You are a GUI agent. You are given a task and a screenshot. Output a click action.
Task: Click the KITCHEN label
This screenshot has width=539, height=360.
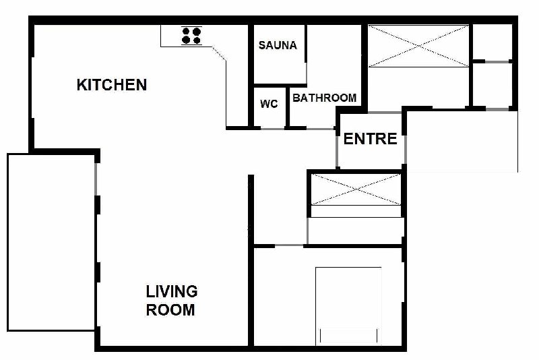tap(112, 84)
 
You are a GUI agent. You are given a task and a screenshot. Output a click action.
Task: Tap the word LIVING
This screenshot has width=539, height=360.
tap(172, 292)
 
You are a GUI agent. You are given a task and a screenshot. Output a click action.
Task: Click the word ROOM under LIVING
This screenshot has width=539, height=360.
tap(170, 310)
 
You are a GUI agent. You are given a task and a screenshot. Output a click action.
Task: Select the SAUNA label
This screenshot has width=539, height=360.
tap(278, 45)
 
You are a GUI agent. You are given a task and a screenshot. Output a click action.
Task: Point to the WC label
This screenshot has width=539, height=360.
tap(269, 104)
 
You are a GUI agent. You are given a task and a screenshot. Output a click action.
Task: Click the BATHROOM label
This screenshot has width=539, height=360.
tap(325, 98)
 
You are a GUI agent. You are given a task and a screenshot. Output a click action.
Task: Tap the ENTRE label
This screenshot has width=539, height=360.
tap(370, 139)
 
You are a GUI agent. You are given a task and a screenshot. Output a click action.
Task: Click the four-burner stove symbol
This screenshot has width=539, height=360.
tap(191, 36)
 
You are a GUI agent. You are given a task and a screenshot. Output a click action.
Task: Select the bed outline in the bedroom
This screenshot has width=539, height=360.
tap(348, 306)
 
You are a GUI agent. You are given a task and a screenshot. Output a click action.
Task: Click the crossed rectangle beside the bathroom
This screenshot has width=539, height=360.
tap(418, 46)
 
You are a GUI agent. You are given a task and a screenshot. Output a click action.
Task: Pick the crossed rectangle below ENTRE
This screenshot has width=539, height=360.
tap(356, 189)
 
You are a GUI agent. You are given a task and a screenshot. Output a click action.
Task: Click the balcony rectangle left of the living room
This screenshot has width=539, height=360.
tap(51, 243)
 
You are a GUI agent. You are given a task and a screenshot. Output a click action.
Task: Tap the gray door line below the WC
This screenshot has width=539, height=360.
tap(273, 129)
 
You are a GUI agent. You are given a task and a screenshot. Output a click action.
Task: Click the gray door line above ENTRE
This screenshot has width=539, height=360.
tap(385, 112)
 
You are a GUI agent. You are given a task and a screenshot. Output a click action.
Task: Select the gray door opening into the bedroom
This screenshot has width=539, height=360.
tap(289, 245)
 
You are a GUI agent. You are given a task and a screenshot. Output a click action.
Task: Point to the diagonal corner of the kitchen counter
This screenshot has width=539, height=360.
tap(219, 53)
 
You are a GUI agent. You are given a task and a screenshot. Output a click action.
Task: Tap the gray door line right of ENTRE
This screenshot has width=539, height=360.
tap(405, 150)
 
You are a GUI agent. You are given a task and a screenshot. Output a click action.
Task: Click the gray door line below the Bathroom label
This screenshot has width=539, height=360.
tap(320, 129)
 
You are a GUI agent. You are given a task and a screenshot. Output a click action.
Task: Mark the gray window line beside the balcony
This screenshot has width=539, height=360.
tap(96, 179)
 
